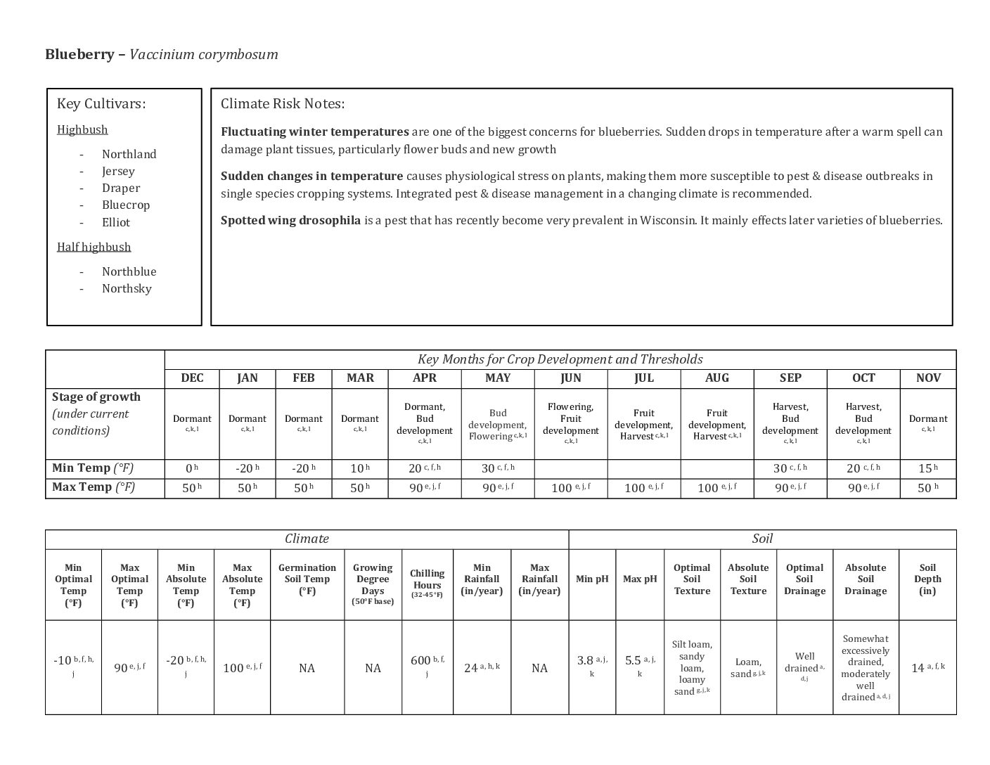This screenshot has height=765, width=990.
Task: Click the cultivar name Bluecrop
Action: [126, 205]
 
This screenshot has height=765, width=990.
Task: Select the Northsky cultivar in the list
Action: [127, 288]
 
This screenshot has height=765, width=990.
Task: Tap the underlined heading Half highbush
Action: [94, 247]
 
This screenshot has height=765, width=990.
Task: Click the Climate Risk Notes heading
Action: [283, 104]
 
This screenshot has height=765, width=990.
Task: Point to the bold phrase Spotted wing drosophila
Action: [290, 220]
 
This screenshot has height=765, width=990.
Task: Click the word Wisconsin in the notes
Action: [667, 220]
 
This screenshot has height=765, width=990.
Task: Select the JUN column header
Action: [571, 378]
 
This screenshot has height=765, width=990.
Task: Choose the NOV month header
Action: [928, 378]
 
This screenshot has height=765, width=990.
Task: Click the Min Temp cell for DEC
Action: [191, 468]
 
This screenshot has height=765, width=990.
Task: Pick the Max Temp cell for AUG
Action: [716, 488]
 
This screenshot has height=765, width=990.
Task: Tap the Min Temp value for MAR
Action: [359, 468]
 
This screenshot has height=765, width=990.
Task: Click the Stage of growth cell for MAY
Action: [498, 425]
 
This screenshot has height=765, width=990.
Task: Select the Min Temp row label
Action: [93, 468]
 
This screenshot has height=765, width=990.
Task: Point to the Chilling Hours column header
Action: [427, 583]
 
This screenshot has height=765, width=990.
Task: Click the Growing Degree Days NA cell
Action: [373, 668]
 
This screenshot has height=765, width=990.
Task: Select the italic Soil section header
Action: [762, 539]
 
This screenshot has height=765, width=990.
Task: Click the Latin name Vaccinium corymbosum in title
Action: [204, 55]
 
